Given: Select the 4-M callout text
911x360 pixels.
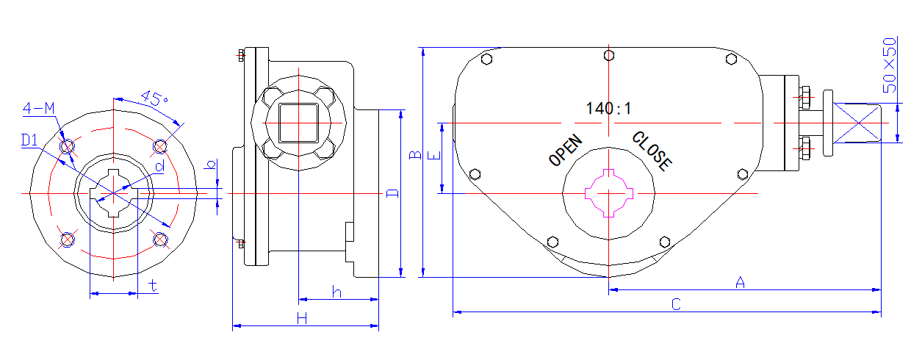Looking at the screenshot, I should coord(39,109).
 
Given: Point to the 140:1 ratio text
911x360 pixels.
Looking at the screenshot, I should coord(608,109).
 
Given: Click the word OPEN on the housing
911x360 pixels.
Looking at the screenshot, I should coord(566,150).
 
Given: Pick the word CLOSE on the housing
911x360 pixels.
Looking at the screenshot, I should coord(652,151).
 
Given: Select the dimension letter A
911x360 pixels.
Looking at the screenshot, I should coord(740,282).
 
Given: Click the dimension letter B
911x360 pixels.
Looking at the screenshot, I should coord(414,155).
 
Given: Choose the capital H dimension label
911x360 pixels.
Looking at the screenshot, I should coord(301,317).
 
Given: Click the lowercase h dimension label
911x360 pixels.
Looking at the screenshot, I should coord(336,292).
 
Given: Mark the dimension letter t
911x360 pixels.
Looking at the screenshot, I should coord(153,286).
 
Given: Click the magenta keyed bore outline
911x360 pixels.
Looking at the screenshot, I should coord(608,192).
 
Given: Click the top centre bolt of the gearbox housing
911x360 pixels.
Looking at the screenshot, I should coord(608,54).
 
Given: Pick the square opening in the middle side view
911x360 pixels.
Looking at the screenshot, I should coord(298,122).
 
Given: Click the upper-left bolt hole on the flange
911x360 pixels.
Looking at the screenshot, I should coord(68,148).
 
